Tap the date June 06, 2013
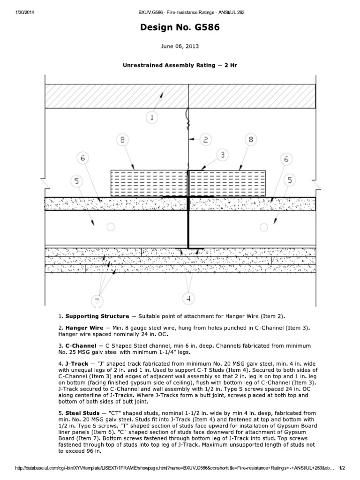coord(180,47)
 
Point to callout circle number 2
coord(206,139)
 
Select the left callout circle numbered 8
coord(122,139)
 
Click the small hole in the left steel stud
coord(110,227)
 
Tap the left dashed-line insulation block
coord(148,183)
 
